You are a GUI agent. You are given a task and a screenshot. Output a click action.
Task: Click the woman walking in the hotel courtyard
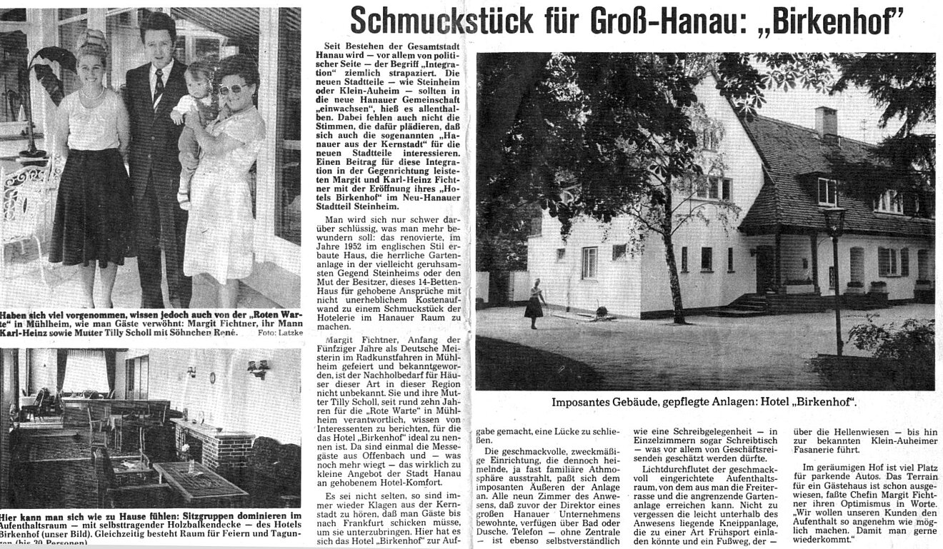(534, 303)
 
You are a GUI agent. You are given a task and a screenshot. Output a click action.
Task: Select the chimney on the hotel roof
(826, 121)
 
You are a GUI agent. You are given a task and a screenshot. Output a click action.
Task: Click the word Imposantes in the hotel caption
(582, 402)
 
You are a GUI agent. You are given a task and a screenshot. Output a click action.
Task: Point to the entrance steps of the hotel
(747, 303)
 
